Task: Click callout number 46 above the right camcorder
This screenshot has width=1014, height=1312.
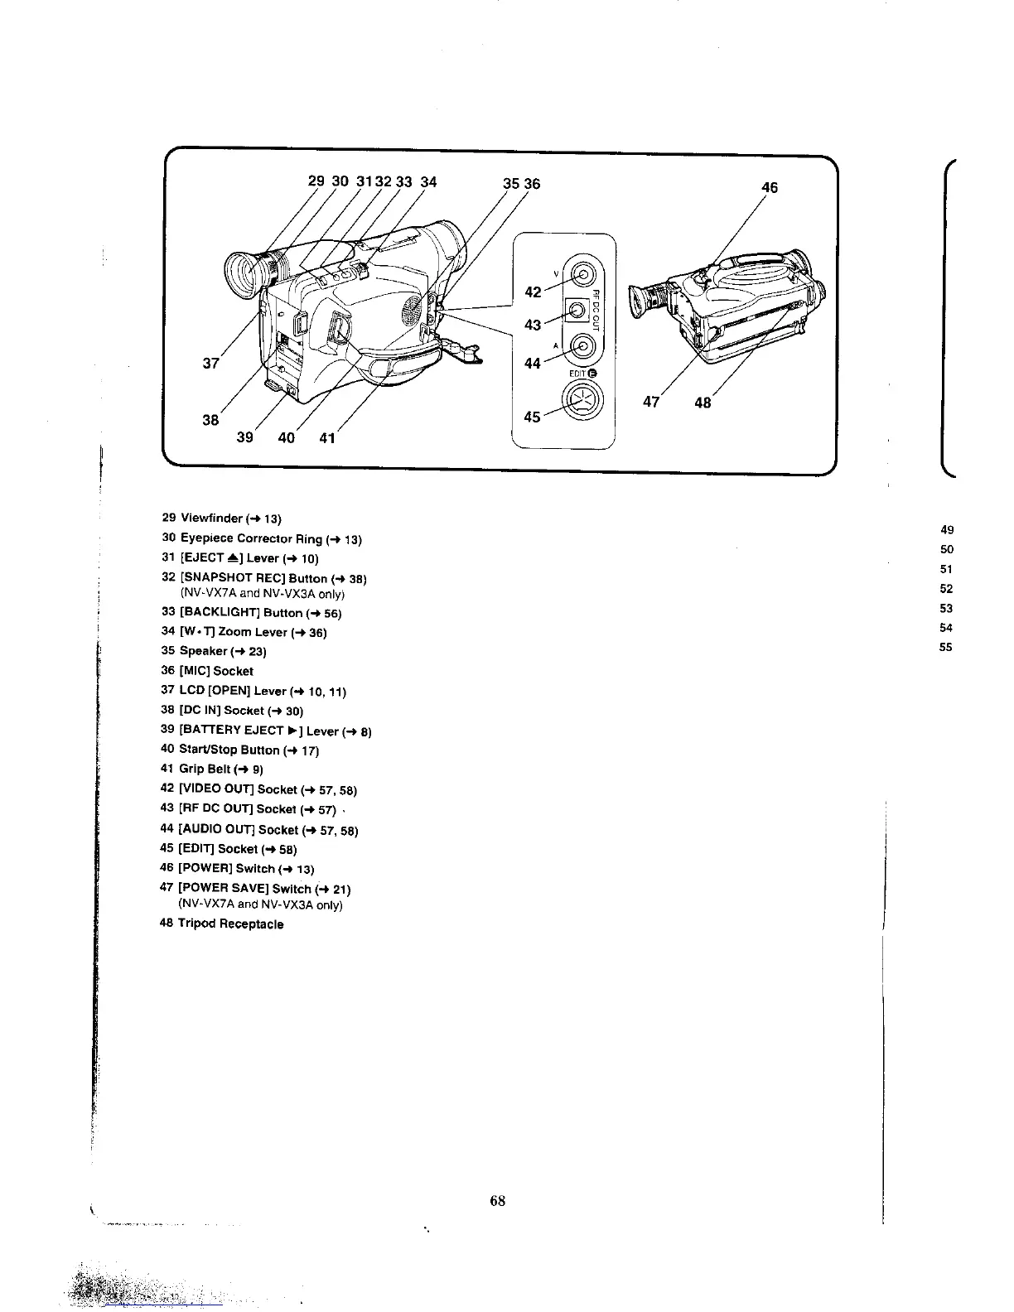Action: coord(770,188)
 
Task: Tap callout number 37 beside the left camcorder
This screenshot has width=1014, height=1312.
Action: coord(210,363)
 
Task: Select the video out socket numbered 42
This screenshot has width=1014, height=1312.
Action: coord(584,275)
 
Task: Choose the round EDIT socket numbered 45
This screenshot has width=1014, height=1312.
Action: coord(583,403)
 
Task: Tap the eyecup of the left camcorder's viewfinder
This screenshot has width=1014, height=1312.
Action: coord(243,274)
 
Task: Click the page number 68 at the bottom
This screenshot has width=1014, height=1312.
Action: coord(497,1201)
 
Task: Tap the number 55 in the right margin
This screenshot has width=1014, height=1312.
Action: coord(946,648)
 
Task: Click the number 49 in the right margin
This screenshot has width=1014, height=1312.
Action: coord(947,530)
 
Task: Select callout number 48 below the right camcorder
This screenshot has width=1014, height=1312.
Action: coord(703,403)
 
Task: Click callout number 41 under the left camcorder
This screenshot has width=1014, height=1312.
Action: coord(327,437)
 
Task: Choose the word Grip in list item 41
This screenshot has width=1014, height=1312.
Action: coord(191,769)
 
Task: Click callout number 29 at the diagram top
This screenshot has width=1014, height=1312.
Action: coord(316,182)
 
